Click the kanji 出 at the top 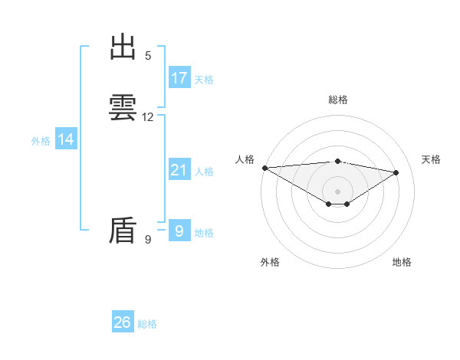(123, 47)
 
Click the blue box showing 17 (179, 78)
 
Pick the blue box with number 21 (179, 170)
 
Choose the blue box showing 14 (66, 139)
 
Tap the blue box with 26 (123, 322)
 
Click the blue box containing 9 (179, 231)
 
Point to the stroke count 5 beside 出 (148, 56)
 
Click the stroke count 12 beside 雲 (148, 117)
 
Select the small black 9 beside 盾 (148, 240)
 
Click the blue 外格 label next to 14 (41, 141)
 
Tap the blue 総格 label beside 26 (147, 324)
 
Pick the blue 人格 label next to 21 (204, 172)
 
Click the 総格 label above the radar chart (338, 100)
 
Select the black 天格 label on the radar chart (432, 159)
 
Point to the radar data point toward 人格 (264, 168)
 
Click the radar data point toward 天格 (396, 172)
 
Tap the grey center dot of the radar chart (337, 191)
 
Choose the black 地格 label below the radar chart (402, 262)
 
